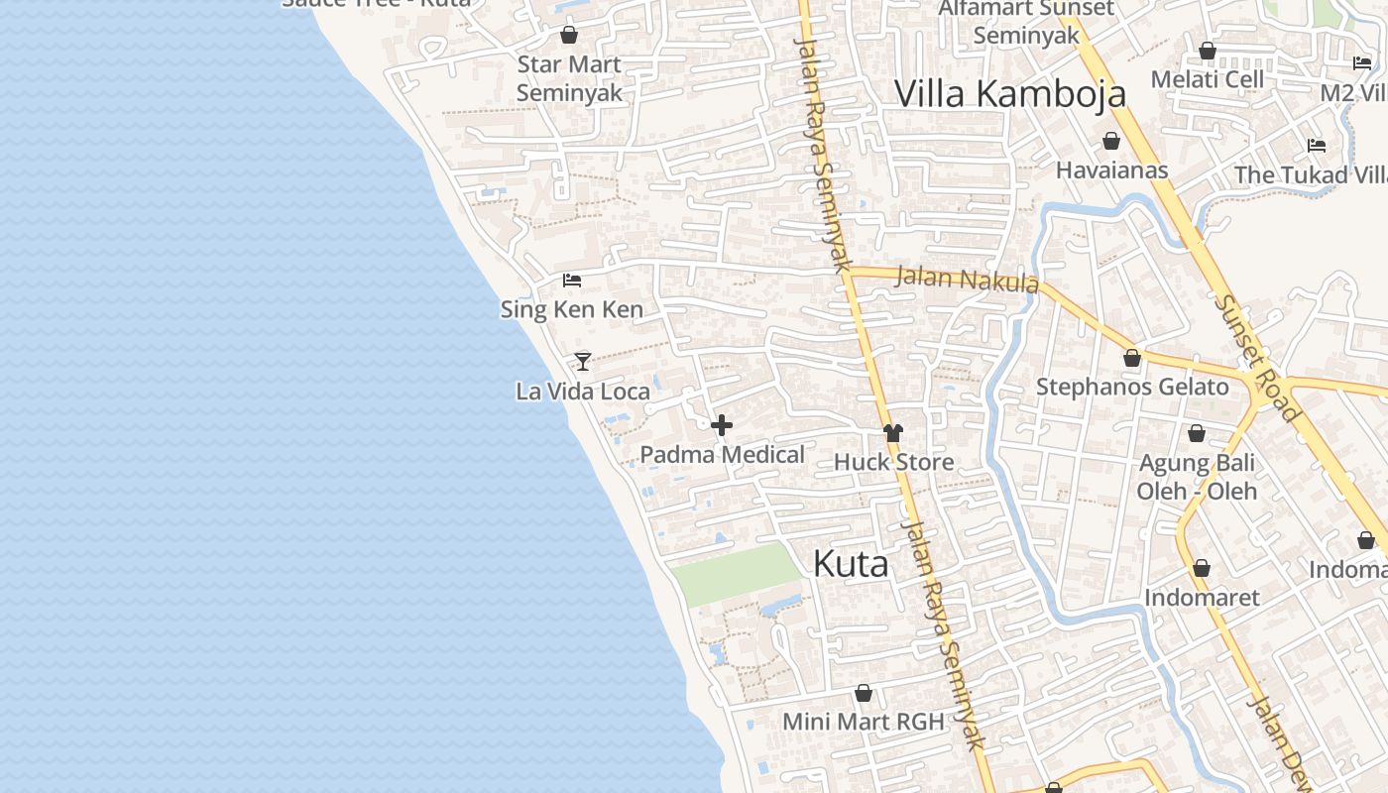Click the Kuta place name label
[x=851, y=564]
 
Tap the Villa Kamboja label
[x=1010, y=93]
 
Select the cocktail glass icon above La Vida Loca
[x=583, y=361]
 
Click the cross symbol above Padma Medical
[x=722, y=425]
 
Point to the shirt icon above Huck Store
[x=893, y=432]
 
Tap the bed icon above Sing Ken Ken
[x=572, y=281]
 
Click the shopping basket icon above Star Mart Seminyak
[x=569, y=36]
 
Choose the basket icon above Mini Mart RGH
[x=864, y=693]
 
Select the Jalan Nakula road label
[x=967, y=279]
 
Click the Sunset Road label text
[x=1255, y=358]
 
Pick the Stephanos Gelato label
[x=1132, y=387]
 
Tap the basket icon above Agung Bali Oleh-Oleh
[x=1197, y=433]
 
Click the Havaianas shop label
[x=1111, y=170]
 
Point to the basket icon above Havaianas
[x=1111, y=141]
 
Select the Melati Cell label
[x=1207, y=79]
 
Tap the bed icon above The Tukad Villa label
[x=1317, y=146]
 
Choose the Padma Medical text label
[x=722, y=455]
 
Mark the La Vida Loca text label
[x=583, y=392]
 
